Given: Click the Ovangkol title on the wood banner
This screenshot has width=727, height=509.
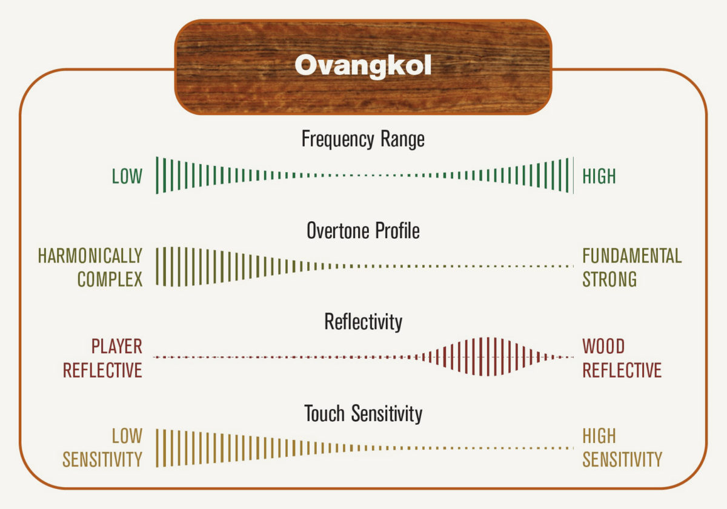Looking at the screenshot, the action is tap(363, 66).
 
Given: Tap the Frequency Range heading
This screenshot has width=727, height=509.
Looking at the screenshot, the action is tap(363, 139).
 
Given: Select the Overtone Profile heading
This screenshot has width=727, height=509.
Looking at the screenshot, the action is tap(363, 230).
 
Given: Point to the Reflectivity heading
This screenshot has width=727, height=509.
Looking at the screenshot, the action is tap(363, 322).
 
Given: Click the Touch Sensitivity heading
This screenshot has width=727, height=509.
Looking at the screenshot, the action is tap(363, 413).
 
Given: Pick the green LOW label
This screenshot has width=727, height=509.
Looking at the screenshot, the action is tap(127, 176).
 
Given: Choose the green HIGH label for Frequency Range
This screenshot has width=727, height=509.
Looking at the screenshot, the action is tap(599, 176).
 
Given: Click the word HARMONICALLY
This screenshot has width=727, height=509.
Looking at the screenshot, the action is tap(90, 256).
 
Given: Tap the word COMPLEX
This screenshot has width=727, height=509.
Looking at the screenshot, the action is tap(110, 279).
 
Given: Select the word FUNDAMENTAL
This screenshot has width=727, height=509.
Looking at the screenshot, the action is tap(632, 256).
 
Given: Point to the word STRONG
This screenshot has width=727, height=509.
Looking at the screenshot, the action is tap(609, 279).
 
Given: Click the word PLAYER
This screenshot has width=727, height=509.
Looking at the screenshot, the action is tap(116, 347).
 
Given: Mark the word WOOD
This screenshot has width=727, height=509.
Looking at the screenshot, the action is tap(603, 347).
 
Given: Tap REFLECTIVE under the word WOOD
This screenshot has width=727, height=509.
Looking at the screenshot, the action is tap(622, 370).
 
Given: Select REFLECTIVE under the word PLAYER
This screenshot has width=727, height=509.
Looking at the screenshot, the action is tap(102, 370).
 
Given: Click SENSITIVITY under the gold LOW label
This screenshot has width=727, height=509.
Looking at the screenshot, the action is tap(102, 459).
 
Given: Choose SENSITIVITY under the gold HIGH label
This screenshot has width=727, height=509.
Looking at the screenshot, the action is tap(622, 459).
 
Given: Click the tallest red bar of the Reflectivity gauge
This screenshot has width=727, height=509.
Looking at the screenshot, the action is tap(488, 357).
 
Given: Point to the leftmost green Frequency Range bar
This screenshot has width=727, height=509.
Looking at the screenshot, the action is tap(157, 175).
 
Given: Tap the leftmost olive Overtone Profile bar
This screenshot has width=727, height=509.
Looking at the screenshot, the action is tap(157, 266).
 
